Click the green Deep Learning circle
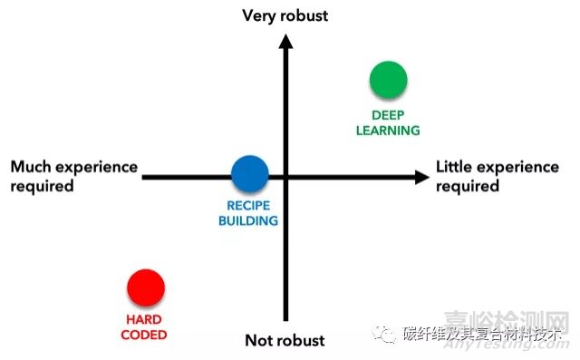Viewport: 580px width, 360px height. pos(388,80)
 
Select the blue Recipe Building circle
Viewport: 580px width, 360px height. pos(249,174)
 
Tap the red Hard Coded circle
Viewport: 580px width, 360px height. pos(146,287)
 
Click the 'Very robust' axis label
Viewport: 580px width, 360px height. pos(285,15)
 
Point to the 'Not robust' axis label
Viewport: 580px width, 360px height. pos(285,341)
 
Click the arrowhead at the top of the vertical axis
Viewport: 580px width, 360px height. pos(285,40)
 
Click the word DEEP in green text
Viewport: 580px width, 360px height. pos(388,115)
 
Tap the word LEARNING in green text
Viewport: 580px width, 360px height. pos(389,130)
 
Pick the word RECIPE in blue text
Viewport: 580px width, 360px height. pos(248,206)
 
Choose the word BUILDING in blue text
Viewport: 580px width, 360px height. pos(248,220)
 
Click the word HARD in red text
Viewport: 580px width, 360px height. pos(145,319)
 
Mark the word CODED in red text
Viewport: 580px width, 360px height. pos(146,334)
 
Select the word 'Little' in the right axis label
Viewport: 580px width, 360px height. pos(457,167)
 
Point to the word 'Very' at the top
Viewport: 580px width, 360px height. pos(259,15)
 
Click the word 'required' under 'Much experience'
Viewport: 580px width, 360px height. pos(42,186)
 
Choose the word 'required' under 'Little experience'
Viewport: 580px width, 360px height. pos(468,186)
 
